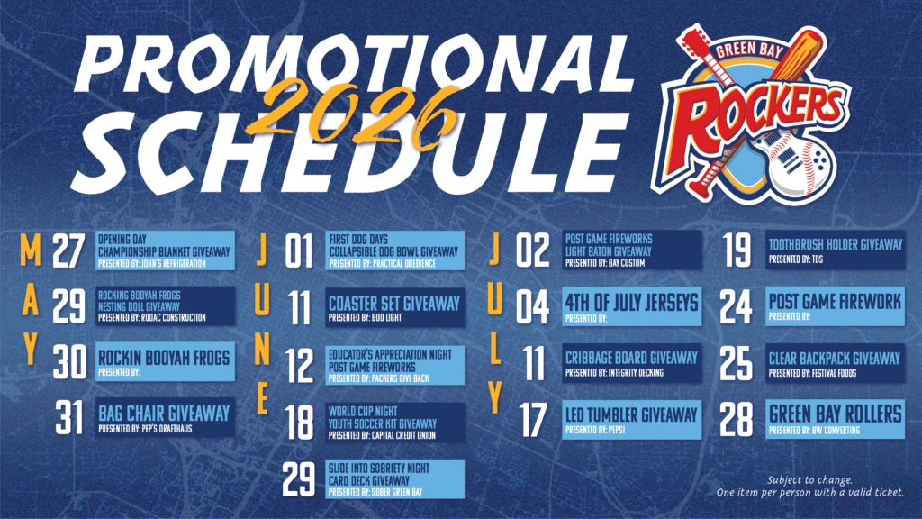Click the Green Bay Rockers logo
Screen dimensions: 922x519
(752, 114)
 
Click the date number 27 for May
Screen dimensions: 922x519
(68, 251)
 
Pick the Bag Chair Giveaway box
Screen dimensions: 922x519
(166, 417)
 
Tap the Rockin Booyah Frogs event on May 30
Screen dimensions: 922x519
(166, 360)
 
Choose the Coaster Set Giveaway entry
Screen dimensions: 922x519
(395, 307)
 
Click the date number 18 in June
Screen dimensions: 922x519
(299, 422)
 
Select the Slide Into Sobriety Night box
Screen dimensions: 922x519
(395, 479)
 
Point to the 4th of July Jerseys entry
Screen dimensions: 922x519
(632, 306)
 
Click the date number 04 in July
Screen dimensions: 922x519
(533, 306)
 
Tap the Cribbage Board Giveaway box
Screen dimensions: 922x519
(632, 363)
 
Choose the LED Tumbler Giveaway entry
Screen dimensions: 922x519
(632, 420)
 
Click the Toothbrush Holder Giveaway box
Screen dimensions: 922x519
(835, 250)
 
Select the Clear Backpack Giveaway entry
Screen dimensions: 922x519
(835, 363)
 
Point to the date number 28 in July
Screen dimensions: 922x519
(737, 420)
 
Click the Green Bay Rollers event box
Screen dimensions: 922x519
(835, 419)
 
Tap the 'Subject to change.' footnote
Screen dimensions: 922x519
(809, 479)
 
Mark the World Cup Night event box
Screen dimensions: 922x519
(395, 423)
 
